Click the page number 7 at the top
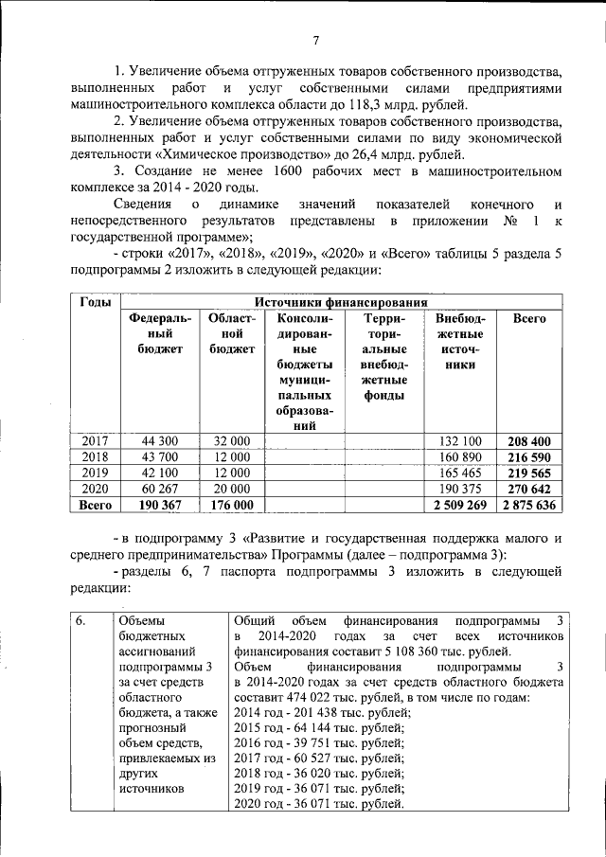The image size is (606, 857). [314, 40]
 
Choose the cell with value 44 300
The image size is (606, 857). [160, 441]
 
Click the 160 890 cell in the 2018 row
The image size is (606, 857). [459, 456]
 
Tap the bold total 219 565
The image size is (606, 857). [528, 473]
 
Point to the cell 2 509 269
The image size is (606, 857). [459, 505]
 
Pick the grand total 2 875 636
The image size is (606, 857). [528, 505]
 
